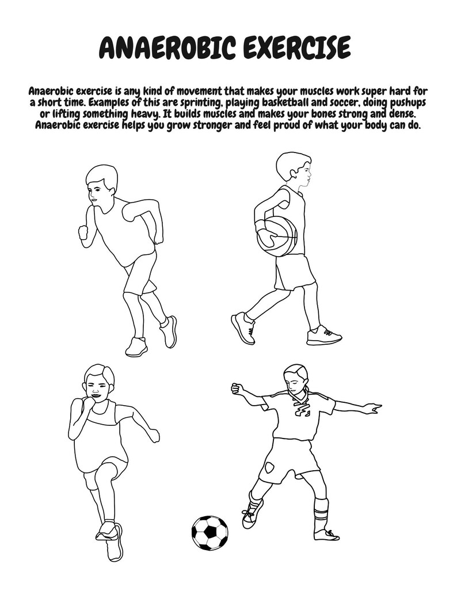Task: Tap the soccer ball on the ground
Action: (x=210, y=533)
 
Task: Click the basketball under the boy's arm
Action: (x=277, y=237)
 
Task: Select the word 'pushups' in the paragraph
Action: (x=408, y=102)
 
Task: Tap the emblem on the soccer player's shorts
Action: (x=269, y=468)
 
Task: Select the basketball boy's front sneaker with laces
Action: (x=324, y=335)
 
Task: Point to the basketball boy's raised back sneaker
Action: (x=243, y=327)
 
